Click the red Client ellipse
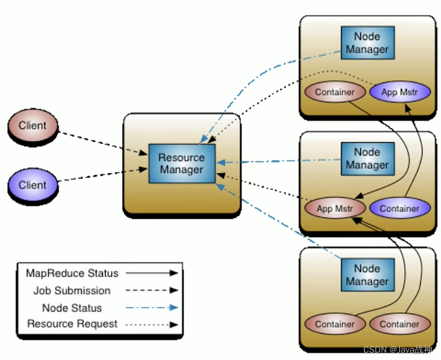(33, 126)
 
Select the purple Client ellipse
(33, 185)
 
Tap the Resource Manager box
(181, 163)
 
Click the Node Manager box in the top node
(367, 43)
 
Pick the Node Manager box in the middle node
(367, 159)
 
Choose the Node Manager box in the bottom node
(367, 275)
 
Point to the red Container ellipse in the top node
(335, 92)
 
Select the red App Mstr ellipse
(335, 209)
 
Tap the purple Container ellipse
(399, 209)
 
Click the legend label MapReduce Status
(72, 273)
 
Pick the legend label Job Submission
(72, 291)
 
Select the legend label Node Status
(72, 308)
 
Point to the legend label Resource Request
(72, 324)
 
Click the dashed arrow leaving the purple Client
(101, 175)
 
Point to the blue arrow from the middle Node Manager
(278, 161)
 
